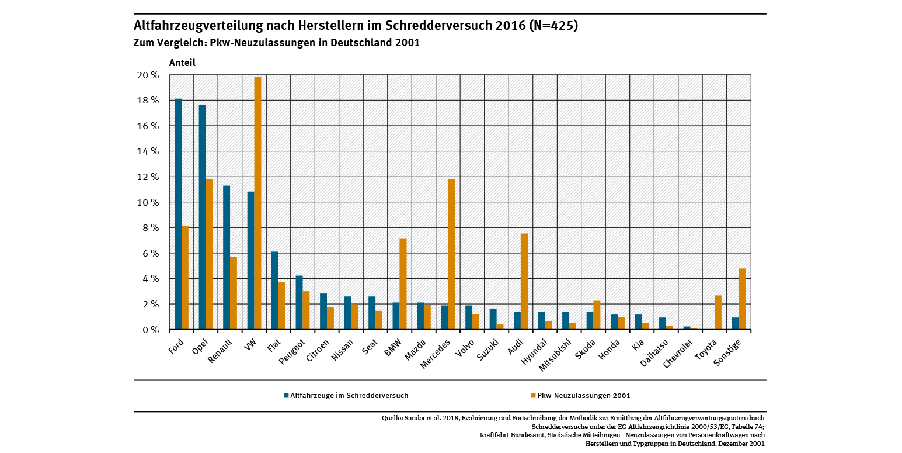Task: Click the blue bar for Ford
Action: coord(178,214)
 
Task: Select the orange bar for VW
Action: coord(257,203)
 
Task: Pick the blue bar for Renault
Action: coord(227,257)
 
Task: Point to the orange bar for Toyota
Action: coord(718,312)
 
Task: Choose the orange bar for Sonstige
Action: coord(742,299)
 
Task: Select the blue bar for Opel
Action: coord(202,217)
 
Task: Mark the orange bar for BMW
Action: coord(403,284)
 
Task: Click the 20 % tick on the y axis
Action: coord(147,75)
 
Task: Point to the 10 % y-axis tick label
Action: coord(147,202)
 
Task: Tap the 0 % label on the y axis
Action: coord(150,330)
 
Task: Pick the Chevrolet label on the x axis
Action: coord(679,354)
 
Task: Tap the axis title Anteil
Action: coord(182,63)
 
